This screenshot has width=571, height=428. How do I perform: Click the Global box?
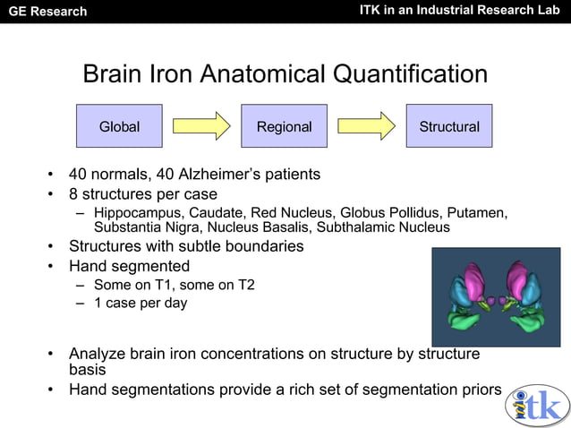tap(119, 126)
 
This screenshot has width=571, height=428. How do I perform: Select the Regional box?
tap(284, 126)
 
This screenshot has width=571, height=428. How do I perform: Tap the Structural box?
tap(448, 126)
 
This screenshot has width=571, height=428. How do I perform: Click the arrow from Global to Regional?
tap(201, 126)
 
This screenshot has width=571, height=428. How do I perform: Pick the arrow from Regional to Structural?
tap(366, 126)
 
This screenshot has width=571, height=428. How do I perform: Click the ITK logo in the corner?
tap(537, 405)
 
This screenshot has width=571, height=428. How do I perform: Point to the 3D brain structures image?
tap(496, 296)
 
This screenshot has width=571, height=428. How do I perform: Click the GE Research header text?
tap(47, 12)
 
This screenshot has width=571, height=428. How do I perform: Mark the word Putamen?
tap(476, 213)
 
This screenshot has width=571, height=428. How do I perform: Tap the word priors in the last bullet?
tap(481, 389)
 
